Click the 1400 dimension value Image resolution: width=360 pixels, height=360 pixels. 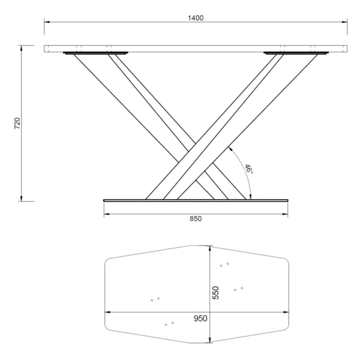(x=196, y=18)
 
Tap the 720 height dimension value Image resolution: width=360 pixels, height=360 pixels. (x=17, y=124)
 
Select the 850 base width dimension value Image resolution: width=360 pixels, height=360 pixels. (x=196, y=218)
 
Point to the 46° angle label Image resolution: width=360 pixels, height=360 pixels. (x=248, y=169)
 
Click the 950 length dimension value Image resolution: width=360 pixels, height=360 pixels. (x=200, y=318)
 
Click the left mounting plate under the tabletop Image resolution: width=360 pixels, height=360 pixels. (x=95, y=53)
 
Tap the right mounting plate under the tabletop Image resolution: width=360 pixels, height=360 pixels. (x=296, y=53)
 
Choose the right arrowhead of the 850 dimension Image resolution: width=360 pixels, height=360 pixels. (x=286, y=212)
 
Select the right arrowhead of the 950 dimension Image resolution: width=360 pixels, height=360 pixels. (x=286, y=312)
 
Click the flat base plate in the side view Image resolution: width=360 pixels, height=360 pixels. (x=196, y=200)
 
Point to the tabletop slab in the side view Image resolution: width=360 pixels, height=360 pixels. (x=196, y=49)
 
